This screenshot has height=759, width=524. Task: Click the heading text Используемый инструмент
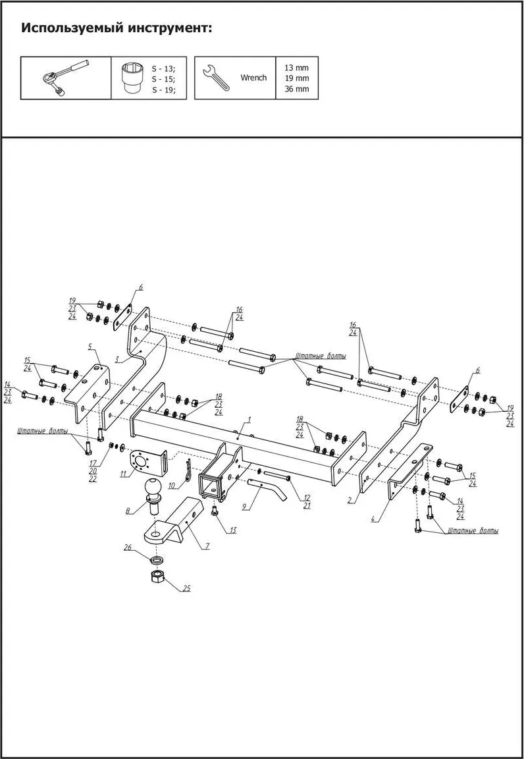117,28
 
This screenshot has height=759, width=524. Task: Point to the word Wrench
253,78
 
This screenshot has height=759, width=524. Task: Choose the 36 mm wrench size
296,89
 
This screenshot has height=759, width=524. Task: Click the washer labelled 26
156,559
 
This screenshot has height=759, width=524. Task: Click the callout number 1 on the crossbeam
249,419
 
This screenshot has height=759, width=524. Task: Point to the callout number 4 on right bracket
373,520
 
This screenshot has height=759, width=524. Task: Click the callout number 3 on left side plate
117,360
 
